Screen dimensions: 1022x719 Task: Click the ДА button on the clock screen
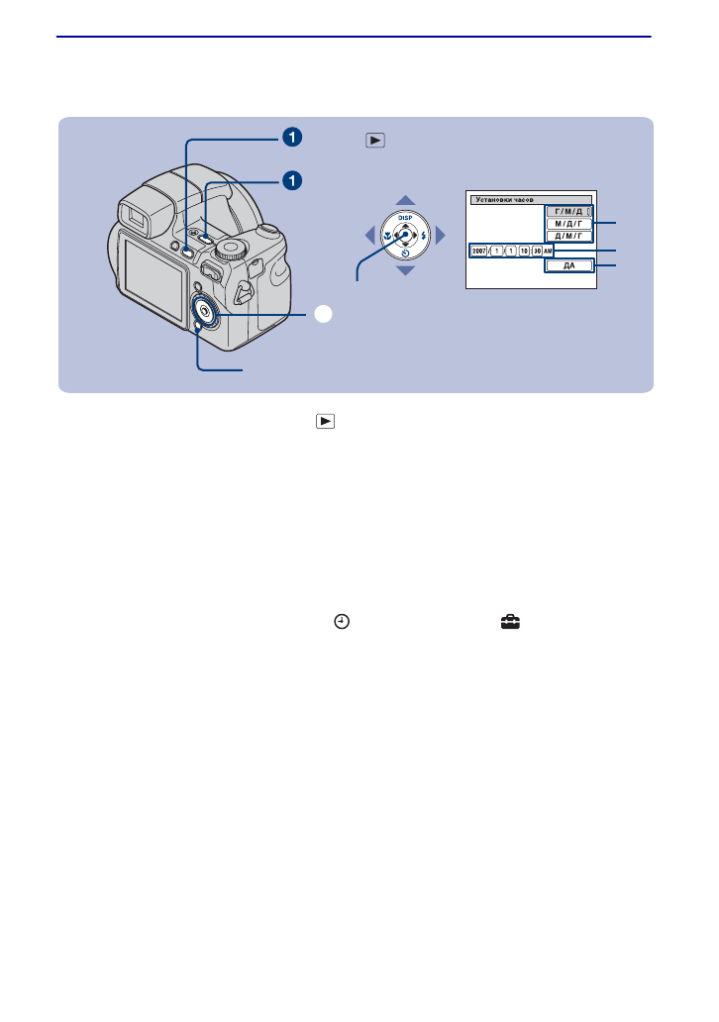click(x=567, y=265)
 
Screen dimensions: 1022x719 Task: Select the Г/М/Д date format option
click(x=567, y=212)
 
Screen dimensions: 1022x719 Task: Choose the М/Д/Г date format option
click(x=567, y=224)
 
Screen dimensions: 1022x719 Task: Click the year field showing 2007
click(x=479, y=252)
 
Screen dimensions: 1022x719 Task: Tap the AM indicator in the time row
click(x=548, y=252)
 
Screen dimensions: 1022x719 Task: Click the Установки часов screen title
click(x=504, y=199)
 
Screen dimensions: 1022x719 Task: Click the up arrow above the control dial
click(x=406, y=200)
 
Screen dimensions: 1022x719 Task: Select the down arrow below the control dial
click(x=406, y=270)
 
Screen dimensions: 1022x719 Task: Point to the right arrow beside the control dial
click(x=442, y=236)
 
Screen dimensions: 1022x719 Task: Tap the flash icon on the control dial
click(x=423, y=236)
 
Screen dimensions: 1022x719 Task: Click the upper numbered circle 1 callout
click(x=291, y=136)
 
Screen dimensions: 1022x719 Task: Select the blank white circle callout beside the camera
click(x=322, y=314)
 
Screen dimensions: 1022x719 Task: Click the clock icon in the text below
click(x=341, y=621)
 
